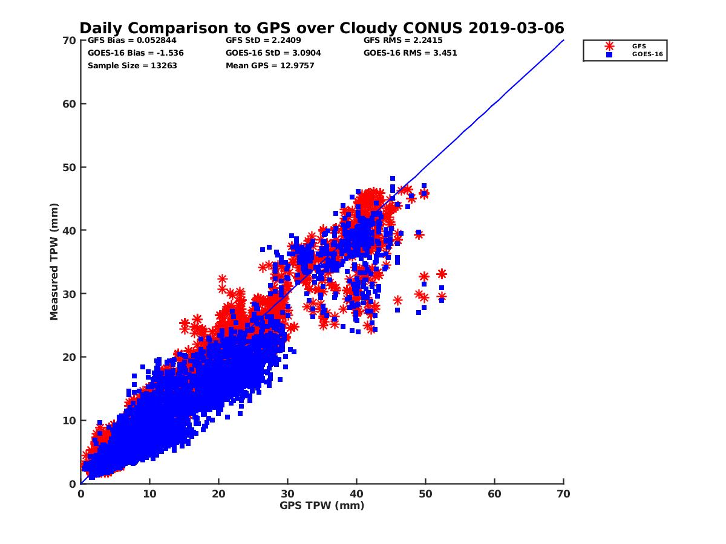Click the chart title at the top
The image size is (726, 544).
(x=322, y=28)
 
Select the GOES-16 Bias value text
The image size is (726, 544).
(x=136, y=53)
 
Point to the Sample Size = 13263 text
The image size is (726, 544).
(x=132, y=65)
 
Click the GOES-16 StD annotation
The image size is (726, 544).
(x=273, y=53)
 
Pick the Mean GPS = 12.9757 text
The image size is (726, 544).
(x=270, y=65)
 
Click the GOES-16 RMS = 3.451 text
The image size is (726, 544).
(x=410, y=53)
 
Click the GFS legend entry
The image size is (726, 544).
(x=639, y=46)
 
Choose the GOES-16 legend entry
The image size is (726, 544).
(x=643, y=54)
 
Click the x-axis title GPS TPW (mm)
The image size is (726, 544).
(x=322, y=505)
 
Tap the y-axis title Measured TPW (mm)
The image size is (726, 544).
(x=54, y=261)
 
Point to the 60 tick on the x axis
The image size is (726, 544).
(x=494, y=494)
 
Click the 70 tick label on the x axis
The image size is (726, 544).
(x=563, y=494)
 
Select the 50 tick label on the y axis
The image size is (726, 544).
(x=71, y=167)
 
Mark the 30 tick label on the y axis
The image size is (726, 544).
(x=71, y=294)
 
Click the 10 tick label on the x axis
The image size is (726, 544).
(x=149, y=494)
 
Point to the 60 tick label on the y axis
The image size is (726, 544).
(x=71, y=103)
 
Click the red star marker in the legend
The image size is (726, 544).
(x=609, y=46)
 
